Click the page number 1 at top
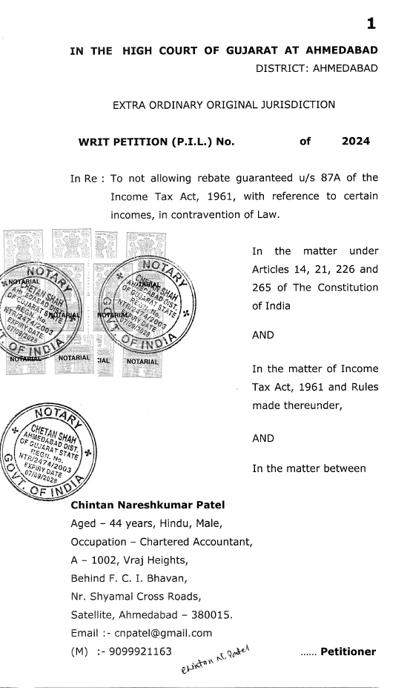click(371, 24)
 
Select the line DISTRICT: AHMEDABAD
click(317, 69)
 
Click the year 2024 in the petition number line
click(356, 140)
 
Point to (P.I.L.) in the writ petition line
click(183, 141)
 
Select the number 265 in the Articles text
click(265, 288)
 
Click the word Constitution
click(346, 288)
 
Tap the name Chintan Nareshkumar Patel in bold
click(147, 506)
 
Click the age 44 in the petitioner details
click(118, 524)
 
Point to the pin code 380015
click(214, 614)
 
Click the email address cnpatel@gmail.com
click(165, 633)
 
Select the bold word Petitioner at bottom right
click(348, 652)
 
